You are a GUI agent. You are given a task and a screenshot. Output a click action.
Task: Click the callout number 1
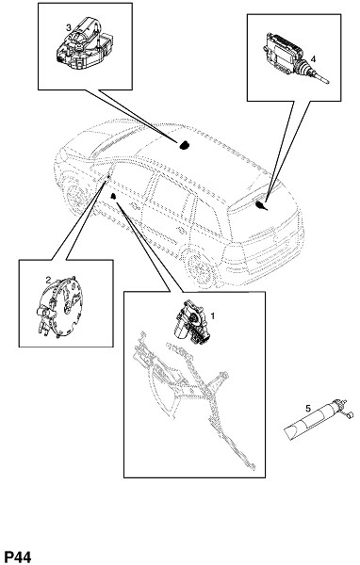212,316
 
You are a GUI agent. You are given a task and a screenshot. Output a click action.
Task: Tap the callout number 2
48,280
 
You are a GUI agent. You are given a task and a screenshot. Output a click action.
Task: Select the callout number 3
68,27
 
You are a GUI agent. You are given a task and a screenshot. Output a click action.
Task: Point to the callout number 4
313,58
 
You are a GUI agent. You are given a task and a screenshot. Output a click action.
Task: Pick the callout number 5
308,409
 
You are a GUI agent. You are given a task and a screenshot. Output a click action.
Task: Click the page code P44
17,557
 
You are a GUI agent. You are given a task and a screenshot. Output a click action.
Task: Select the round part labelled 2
59,307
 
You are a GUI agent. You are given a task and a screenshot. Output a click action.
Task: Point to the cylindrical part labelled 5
313,421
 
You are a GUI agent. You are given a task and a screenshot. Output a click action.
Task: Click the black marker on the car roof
185,145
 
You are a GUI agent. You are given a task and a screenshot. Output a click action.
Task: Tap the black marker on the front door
113,196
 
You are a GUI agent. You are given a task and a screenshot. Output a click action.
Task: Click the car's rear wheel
199,266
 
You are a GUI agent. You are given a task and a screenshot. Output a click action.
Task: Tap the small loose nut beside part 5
350,415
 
